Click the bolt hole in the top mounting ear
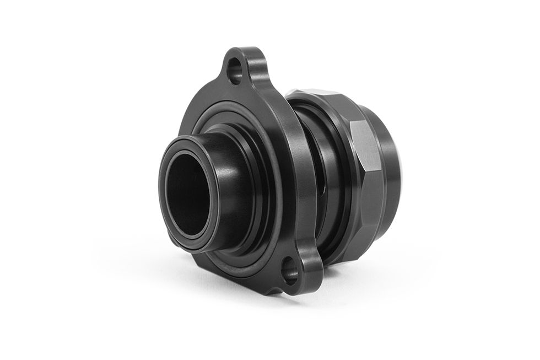(235, 71)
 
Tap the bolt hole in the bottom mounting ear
(290, 271)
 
